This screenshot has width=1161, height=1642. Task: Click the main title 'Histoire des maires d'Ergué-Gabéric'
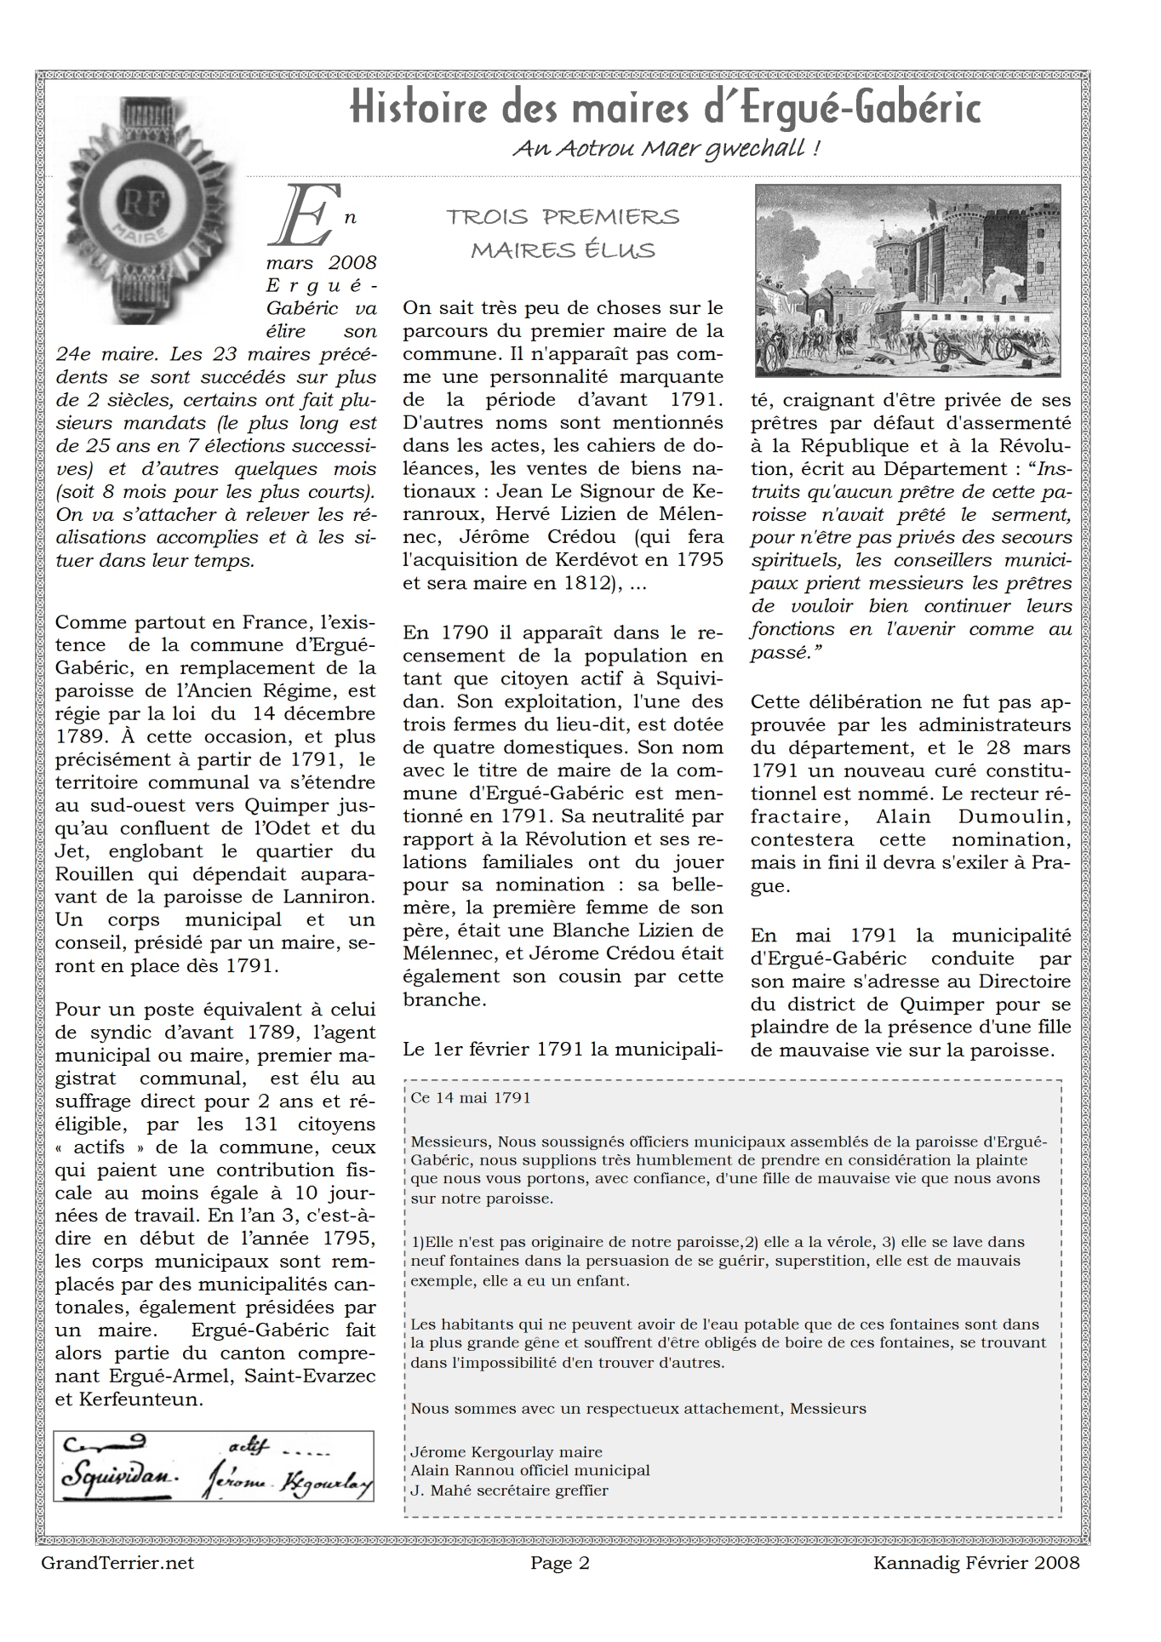coord(665,109)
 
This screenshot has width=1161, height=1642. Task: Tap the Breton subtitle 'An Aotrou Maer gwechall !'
coord(666,149)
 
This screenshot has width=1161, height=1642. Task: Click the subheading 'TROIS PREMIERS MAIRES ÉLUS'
coord(563,233)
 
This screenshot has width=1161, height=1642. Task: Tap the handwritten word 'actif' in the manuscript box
coord(249,1445)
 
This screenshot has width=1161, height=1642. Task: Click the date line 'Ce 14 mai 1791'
coord(471,1097)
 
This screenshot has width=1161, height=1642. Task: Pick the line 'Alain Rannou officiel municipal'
coord(529,1470)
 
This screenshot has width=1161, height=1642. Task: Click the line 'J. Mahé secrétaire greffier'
coord(509,1490)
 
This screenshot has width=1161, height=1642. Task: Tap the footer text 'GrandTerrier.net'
coord(117,1563)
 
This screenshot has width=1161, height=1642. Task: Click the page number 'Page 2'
coord(559,1563)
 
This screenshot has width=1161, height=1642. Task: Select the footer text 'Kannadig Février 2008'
coord(975,1563)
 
